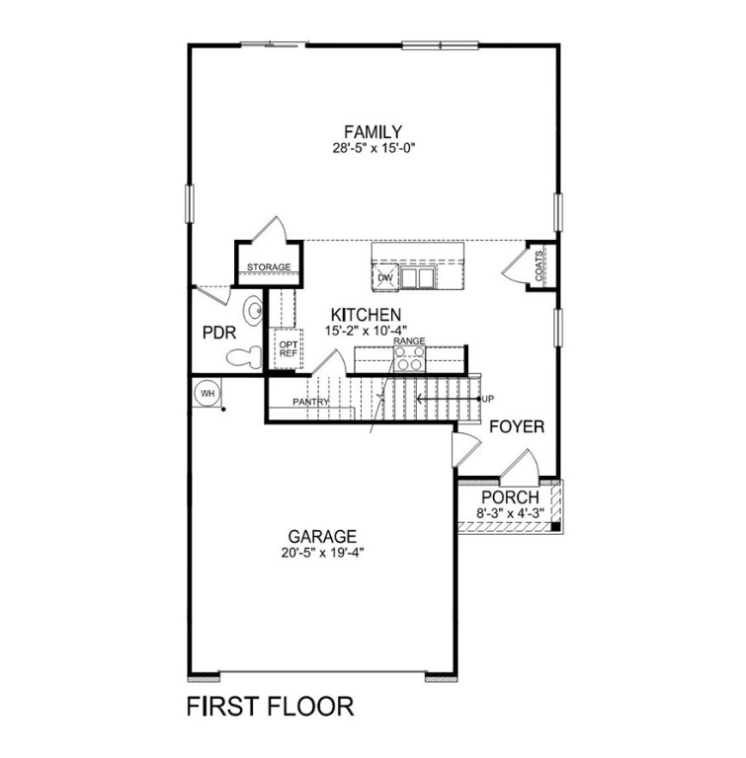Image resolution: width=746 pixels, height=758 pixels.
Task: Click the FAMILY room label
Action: click(373, 131)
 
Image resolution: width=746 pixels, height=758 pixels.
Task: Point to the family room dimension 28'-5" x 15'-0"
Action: click(373, 149)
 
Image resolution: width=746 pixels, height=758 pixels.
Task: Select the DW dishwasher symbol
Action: click(386, 278)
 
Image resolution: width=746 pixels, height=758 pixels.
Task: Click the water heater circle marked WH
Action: click(207, 393)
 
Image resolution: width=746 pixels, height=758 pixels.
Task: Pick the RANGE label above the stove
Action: click(409, 341)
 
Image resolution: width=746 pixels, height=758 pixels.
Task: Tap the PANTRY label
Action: click(309, 403)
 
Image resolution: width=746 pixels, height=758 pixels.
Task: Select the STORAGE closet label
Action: click(269, 267)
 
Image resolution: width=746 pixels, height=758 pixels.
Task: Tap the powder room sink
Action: click(253, 312)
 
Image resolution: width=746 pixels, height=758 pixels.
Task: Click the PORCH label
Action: click(510, 497)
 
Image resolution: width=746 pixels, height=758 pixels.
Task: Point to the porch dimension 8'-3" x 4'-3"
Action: click(510, 513)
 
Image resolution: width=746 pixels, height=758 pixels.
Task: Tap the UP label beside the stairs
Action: click(486, 399)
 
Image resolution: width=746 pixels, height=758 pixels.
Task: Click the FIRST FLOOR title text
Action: click(270, 707)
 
